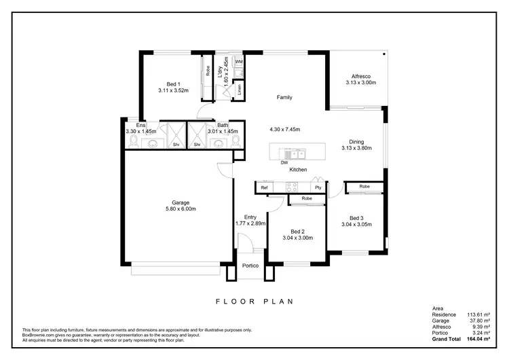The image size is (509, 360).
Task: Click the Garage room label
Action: (x=181, y=202)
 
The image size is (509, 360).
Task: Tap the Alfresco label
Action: (x=360, y=76)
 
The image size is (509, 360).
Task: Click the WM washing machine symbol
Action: (x=239, y=62)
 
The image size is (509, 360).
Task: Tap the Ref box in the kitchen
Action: (x=265, y=187)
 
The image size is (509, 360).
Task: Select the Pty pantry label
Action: (x=317, y=187)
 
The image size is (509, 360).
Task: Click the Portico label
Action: (x=250, y=265)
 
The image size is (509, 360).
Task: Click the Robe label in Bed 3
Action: (x=364, y=186)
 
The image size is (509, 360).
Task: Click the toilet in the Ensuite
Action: (x=134, y=141)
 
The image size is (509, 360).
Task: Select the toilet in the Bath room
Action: (x=235, y=141)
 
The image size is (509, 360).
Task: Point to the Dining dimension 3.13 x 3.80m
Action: (x=356, y=149)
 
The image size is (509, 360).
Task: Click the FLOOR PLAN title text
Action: (x=254, y=301)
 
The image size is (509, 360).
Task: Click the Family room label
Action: (x=284, y=98)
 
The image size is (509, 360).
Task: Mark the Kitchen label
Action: (x=299, y=170)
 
